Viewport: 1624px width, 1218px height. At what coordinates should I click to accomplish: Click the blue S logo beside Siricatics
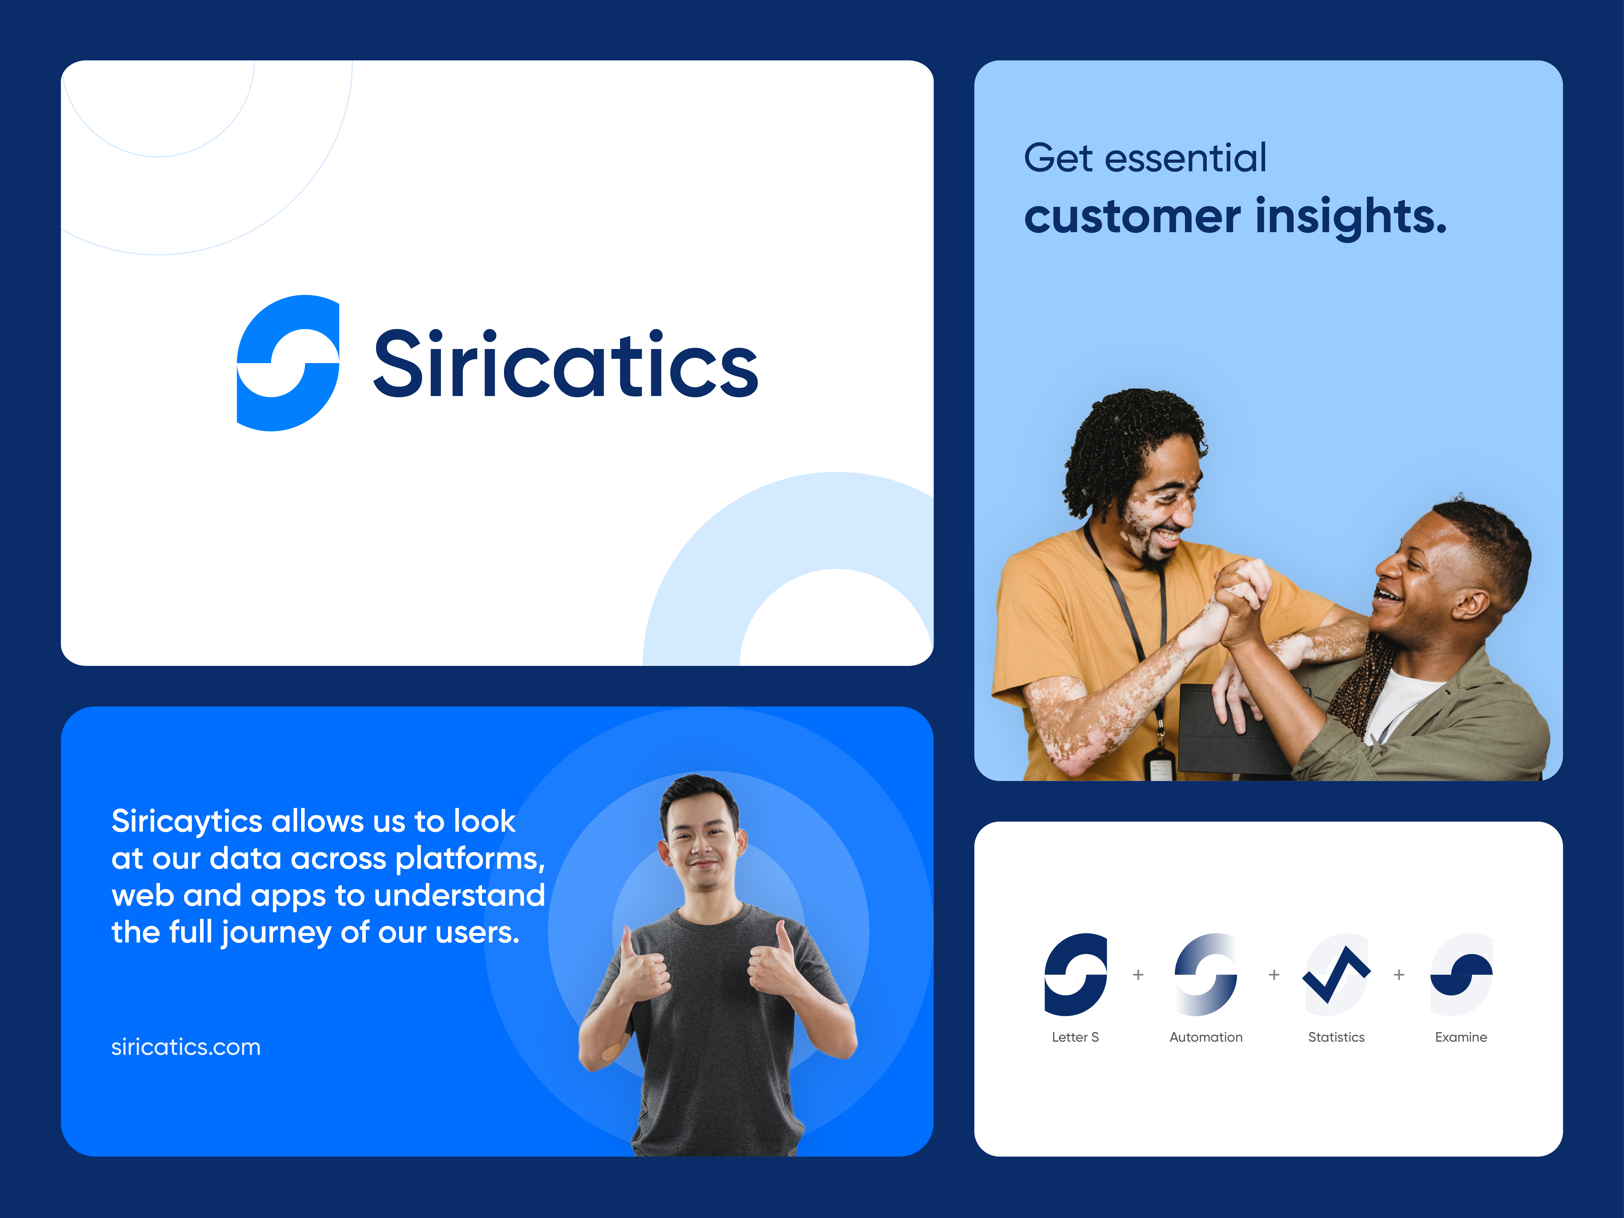[288, 363]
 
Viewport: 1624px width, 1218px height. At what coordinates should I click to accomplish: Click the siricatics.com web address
[186, 1047]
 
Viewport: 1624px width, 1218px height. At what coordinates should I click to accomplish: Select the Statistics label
[1336, 1037]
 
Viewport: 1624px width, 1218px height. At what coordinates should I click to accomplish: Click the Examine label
[1461, 1037]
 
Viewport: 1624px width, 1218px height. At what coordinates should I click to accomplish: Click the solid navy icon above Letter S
[1076, 975]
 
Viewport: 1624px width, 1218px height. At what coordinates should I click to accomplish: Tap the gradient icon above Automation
[1206, 975]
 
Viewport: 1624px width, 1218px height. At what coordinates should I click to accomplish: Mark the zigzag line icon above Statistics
[1336, 975]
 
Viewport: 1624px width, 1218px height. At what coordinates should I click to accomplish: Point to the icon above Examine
[1461, 975]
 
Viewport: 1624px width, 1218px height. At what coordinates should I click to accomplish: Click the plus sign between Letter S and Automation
[1138, 975]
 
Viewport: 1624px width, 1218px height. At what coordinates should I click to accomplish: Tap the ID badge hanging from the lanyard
[1160, 763]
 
